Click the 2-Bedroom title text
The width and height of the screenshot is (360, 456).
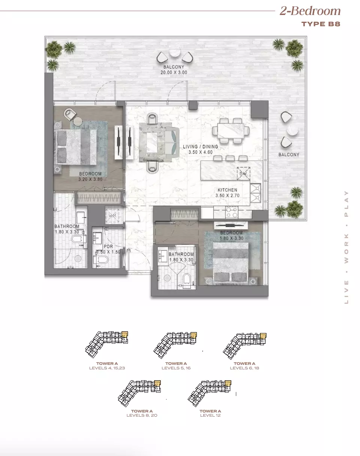[x=310, y=11]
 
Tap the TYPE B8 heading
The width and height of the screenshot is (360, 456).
[x=321, y=24]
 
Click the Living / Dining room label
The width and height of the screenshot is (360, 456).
[x=200, y=149]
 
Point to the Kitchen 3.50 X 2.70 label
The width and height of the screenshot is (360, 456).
[x=227, y=193]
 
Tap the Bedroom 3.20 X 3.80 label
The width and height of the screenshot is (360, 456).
[x=90, y=177]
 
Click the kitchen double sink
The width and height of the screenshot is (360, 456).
[x=256, y=193]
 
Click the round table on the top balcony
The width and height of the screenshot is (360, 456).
[x=175, y=53]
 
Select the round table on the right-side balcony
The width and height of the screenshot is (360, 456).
[x=292, y=130]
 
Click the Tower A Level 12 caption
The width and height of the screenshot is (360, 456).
[x=210, y=413]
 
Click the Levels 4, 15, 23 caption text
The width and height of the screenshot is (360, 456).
[x=107, y=368]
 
